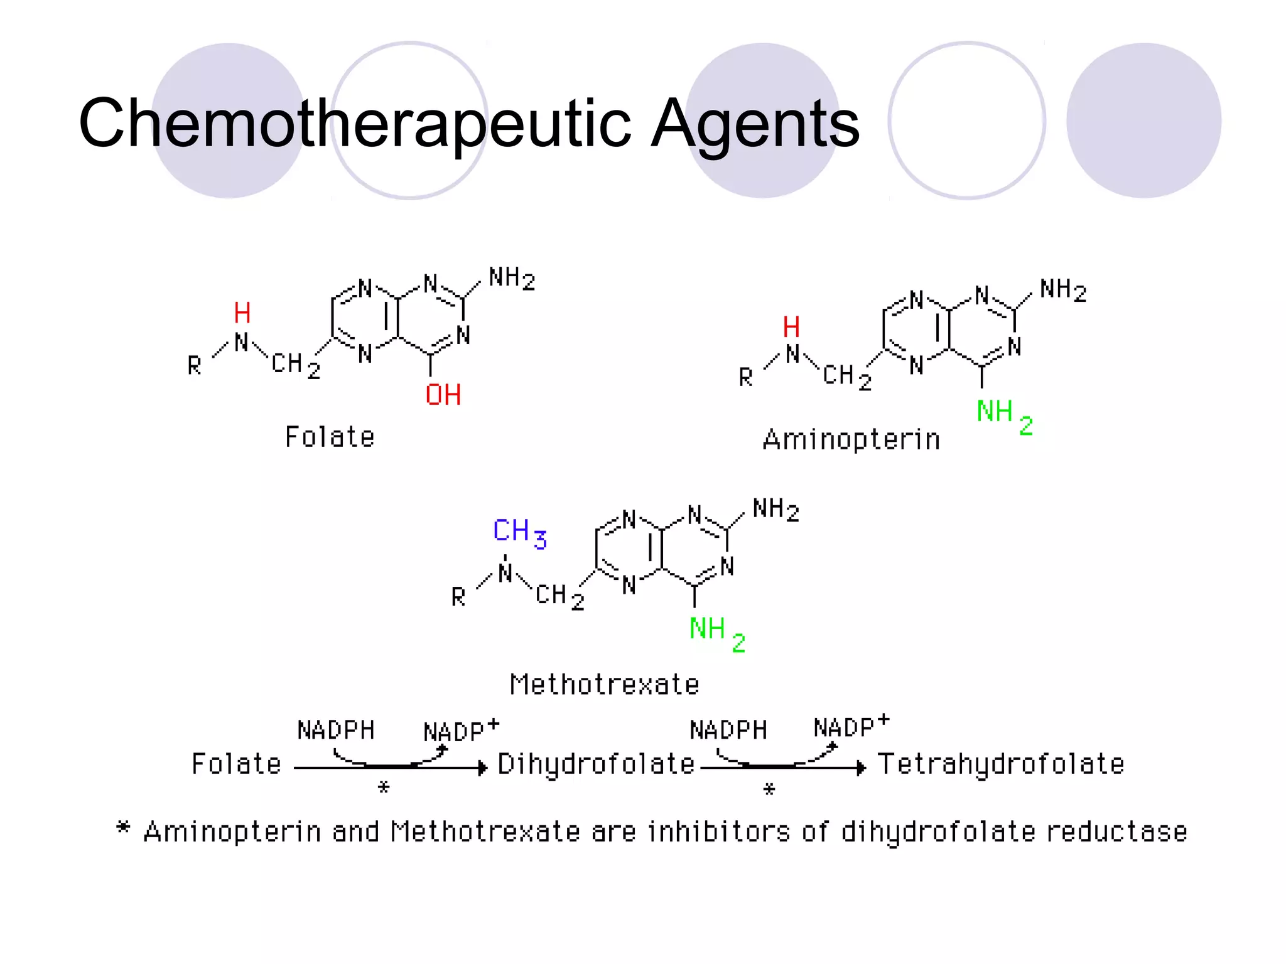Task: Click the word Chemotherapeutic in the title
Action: point(355,124)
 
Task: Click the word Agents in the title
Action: point(754,124)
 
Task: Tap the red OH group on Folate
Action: point(443,395)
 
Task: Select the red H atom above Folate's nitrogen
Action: point(242,313)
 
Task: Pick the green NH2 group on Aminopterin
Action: point(1003,415)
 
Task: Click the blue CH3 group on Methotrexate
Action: point(519,532)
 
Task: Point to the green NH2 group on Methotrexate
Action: point(716,631)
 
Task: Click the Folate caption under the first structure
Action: point(330,437)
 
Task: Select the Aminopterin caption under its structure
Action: point(851,439)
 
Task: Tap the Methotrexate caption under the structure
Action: point(604,684)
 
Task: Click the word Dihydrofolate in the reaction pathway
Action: point(596,764)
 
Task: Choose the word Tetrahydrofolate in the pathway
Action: point(1000,764)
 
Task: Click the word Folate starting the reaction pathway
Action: point(236,764)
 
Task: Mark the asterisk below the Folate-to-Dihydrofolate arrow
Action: point(384,787)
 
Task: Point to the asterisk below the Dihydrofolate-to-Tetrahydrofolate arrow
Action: point(769,790)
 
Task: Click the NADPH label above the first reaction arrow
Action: point(336,731)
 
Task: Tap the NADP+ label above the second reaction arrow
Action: point(851,727)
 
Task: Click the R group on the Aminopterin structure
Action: point(745,377)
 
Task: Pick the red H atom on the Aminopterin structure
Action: point(791,327)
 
